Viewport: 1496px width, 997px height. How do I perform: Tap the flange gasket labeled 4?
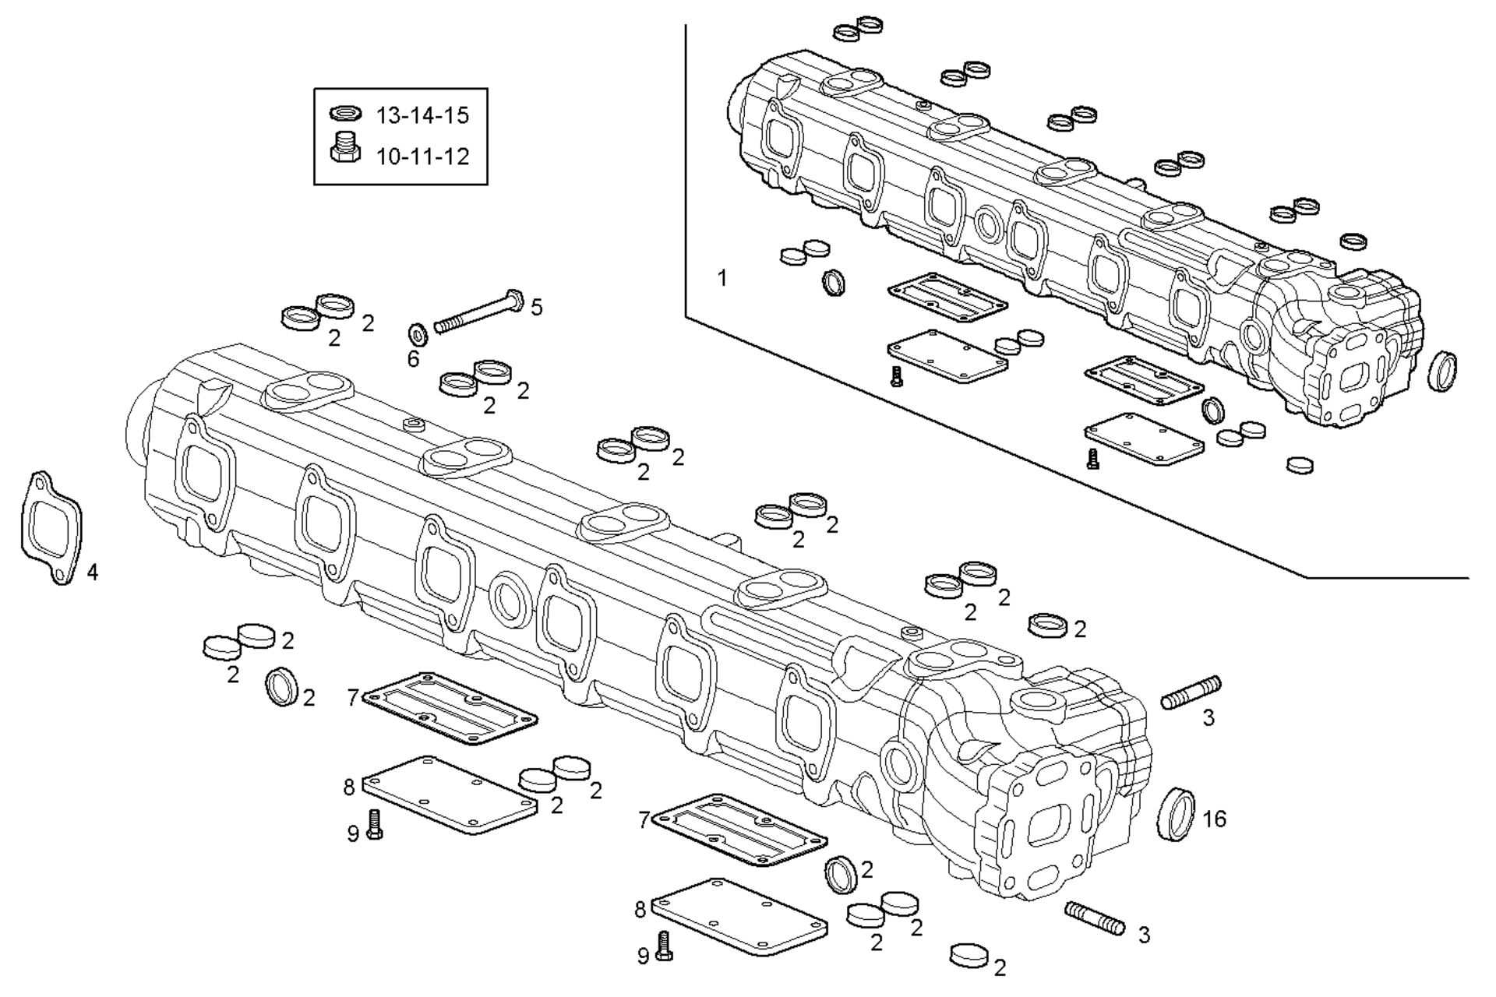(51, 528)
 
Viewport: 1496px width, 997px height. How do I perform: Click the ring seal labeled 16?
(1175, 815)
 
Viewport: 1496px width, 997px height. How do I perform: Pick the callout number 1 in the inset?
(722, 278)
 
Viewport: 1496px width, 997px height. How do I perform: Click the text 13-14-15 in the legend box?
(422, 116)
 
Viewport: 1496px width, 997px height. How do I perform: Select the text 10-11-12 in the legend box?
(422, 157)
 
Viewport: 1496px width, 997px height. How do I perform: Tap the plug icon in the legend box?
(345, 147)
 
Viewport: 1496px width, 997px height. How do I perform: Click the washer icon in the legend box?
(345, 114)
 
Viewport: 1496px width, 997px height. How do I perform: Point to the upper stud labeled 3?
(1191, 692)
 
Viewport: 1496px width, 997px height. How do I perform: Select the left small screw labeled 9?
(375, 824)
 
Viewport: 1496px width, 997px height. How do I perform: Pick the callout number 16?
(1214, 819)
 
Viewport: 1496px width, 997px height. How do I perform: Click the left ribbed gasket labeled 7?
(450, 707)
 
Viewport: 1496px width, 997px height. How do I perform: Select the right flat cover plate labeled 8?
(739, 916)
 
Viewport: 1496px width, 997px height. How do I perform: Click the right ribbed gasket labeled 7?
(739, 830)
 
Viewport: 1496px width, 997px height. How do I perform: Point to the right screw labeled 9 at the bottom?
(664, 945)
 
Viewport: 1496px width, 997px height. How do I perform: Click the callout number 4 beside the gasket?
(93, 572)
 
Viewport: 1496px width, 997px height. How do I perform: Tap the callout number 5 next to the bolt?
(536, 308)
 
